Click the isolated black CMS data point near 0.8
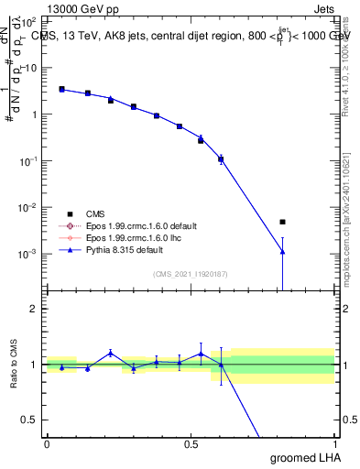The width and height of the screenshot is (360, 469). point(283,222)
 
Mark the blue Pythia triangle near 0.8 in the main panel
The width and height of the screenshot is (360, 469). point(283,252)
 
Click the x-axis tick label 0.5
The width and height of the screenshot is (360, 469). point(191,444)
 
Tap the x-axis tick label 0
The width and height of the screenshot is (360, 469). point(47,444)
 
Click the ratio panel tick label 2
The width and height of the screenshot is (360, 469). point(34,309)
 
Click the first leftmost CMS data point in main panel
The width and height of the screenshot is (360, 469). point(61,89)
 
